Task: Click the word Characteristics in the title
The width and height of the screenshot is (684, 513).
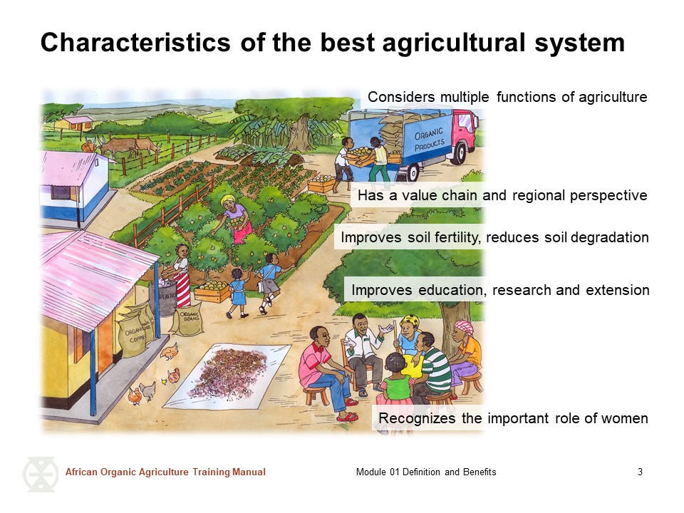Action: pyautogui.click(x=135, y=43)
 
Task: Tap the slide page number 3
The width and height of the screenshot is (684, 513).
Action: pyautogui.click(x=640, y=472)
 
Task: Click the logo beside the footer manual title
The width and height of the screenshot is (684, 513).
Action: pyautogui.click(x=40, y=475)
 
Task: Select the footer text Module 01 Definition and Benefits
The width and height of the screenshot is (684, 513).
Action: pyautogui.click(x=426, y=472)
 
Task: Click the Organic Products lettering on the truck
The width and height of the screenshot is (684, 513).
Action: pyautogui.click(x=429, y=139)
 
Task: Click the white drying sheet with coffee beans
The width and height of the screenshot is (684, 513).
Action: pyautogui.click(x=228, y=375)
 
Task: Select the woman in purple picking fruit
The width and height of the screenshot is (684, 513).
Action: pyautogui.click(x=236, y=218)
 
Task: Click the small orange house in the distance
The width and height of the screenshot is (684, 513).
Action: pyautogui.click(x=77, y=123)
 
